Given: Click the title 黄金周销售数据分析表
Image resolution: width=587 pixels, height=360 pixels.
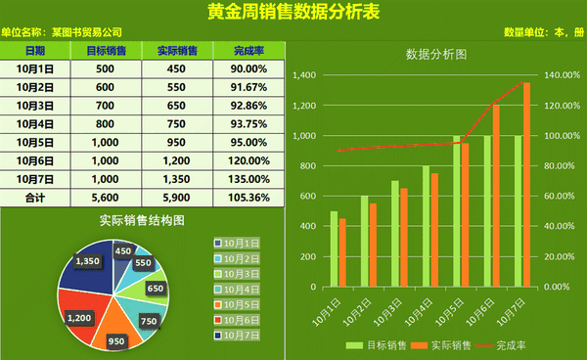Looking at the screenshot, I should coord(293,12).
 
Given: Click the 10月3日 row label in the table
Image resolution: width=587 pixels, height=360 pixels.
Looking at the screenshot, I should coord(35,106).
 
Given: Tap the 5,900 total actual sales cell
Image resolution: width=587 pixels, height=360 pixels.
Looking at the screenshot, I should coord(176,198).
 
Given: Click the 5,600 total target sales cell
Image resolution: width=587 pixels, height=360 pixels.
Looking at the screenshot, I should coord(106,198).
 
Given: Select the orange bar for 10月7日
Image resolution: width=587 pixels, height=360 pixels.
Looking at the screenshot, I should coord(527,186).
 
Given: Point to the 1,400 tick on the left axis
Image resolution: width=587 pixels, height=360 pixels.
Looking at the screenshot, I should coord(304,75).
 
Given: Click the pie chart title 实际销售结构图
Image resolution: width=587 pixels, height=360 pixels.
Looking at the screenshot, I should coord(142,221).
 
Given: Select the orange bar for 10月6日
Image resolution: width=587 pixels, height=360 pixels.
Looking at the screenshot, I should coord(496,196).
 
